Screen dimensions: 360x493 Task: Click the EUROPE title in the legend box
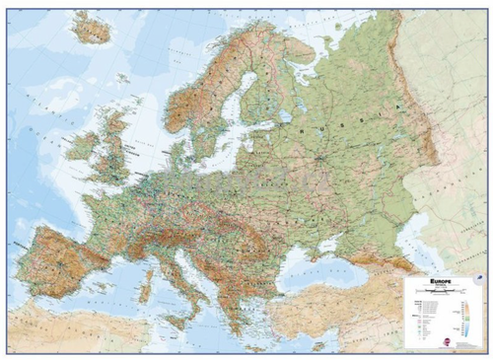pyautogui.click(x=442, y=281)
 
